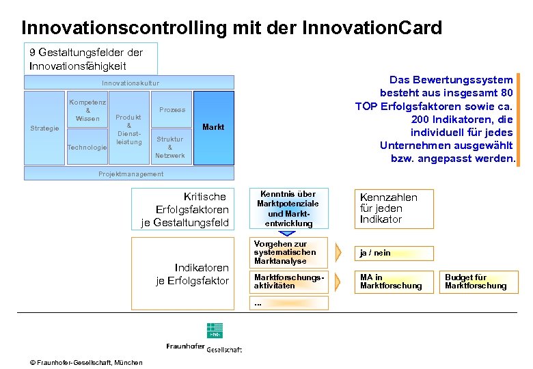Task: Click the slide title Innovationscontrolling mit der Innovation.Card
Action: click(232, 28)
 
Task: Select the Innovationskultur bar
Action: click(130, 83)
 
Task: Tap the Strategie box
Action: click(44, 128)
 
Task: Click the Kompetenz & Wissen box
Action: click(87, 110)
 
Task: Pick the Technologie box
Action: click(87, 148)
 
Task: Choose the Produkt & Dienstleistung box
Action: click(128, 129)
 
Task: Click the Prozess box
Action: click(172, 109)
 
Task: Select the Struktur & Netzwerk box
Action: click(169, 147)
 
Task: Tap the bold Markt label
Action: click(213, 127)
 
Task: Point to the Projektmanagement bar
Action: click(131, 174)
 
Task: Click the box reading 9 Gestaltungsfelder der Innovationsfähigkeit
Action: click(91, 59)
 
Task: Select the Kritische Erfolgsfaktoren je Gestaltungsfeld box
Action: click(183, 209)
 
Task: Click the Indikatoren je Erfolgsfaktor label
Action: click(193, 274)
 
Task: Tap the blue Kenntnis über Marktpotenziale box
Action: click(288, 208)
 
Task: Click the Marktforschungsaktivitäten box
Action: click(289, 282)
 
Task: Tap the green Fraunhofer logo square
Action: click(215, 331)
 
